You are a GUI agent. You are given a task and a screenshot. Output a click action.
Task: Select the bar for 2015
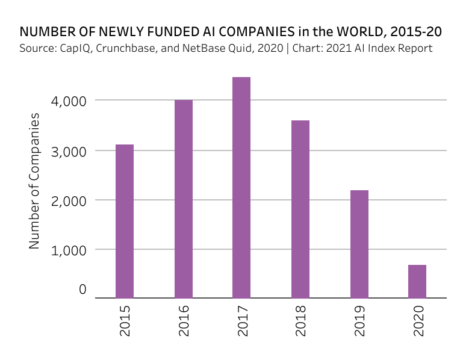(125, 221)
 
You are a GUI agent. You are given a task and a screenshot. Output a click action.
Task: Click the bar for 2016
(184, 199)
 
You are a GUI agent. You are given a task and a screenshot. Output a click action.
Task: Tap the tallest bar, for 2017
(241, 187)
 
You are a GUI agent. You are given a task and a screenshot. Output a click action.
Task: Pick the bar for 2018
(300, 209)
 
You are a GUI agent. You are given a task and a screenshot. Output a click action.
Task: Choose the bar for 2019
(359, 244)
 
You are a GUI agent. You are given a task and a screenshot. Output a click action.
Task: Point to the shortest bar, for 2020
(417, 281)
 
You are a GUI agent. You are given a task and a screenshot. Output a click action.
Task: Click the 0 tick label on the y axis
(82, 290)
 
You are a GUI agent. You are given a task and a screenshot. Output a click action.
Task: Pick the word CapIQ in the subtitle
(71, 48)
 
